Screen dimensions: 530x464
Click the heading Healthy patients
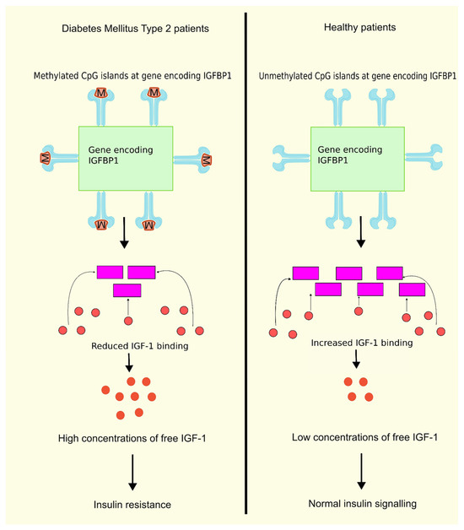(348, 28)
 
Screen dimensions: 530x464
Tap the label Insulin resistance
(132, 504)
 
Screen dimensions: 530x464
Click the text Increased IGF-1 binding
(356, 343)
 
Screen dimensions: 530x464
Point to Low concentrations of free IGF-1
(356, 436)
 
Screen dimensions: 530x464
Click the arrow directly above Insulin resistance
(132, 470)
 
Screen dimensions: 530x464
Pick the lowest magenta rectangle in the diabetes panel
(127, 290)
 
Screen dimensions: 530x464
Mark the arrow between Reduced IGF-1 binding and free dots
(129, 364)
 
